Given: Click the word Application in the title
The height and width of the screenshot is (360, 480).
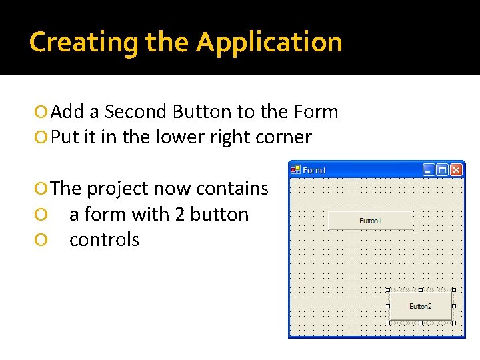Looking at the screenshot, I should click(x=269, y=42).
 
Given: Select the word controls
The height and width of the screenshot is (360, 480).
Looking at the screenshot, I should click(x=104, y=239).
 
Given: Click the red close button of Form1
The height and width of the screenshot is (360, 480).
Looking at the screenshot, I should click(x=456, y=170).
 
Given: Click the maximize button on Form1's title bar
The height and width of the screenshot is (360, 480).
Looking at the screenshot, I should click(x=442, y=170).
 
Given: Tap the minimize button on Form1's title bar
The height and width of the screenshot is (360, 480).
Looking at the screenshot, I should click(x=429, y=170).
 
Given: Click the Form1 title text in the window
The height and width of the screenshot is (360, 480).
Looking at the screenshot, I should click(x=315, y=170).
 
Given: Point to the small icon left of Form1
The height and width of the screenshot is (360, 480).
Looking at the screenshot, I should click(x=295, y=169).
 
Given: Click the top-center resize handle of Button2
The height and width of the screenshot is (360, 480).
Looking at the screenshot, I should click(x=420, y=290).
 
